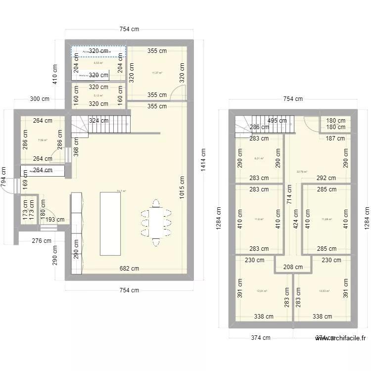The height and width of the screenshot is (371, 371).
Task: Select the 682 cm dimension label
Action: (x=129, y=269)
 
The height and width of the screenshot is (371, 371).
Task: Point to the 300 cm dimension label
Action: (x=40, y=98)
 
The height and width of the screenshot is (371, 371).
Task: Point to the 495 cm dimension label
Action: (x=277, y=120)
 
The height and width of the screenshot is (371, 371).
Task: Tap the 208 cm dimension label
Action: (x=293, y=267)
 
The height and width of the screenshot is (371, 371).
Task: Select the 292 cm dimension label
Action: (x=326, y=178)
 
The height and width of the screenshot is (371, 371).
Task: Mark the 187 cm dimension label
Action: (x=335, y=139)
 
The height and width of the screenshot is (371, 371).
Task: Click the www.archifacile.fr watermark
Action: (x=341, y=338)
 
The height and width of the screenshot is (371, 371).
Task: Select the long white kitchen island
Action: (x=110, y=223)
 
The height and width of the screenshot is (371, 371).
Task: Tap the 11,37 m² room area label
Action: (x=157, y=73)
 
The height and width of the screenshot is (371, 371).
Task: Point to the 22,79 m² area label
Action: (x=302, y=172)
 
